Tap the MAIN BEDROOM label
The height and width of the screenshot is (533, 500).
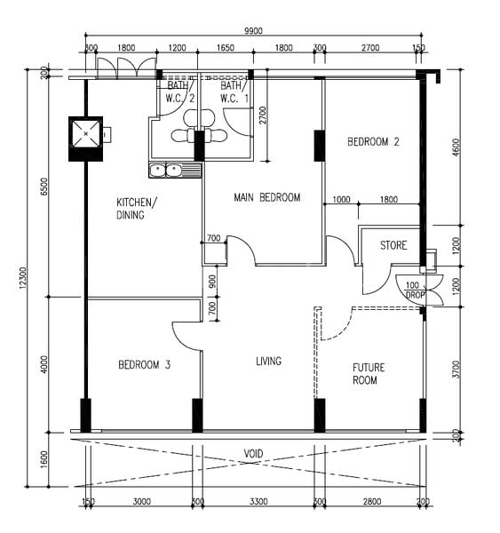point(266,197)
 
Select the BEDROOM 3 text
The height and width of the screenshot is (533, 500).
point(144,364)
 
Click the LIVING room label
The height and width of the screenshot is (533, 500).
point(268,361)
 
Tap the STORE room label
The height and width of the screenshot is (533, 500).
point(393,245)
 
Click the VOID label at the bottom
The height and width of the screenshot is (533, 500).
point(253,453)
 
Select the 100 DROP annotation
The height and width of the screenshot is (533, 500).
point(414,290)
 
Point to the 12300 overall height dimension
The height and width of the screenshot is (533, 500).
point(34,277)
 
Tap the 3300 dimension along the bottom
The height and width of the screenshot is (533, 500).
point(258,503)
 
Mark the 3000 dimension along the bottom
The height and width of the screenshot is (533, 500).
point(141,503)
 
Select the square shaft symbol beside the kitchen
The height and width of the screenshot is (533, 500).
point(87,137)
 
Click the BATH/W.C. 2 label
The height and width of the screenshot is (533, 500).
point(181,92)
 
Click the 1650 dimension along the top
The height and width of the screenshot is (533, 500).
point(225,49)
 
